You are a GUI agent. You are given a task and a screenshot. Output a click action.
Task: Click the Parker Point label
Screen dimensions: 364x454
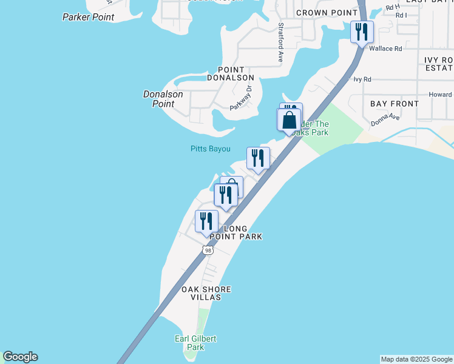[x=88, y=17]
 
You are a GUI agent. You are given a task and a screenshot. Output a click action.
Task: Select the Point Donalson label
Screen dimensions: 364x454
[x=230, y=73]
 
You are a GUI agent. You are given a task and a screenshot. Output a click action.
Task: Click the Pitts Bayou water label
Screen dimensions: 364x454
[x=210, y=149]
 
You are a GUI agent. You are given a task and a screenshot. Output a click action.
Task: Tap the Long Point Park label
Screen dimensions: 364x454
[x=243, y=232]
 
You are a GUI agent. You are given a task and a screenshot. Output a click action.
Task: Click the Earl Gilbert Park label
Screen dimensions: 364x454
[x=195, y=343]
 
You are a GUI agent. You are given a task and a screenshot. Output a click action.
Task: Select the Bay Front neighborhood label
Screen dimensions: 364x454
[x=395, y=104]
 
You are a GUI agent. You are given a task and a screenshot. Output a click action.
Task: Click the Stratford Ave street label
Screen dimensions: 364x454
[x=280, y=43]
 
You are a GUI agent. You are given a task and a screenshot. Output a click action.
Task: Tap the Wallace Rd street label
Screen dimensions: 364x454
[x=389, y=49]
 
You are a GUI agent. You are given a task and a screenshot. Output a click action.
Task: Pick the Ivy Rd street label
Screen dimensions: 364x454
[x=362, y=79]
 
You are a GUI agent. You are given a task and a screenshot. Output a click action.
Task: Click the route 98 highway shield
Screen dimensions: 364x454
[x=208, y=251]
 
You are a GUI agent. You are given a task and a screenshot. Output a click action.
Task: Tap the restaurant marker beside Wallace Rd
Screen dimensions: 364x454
[x=362, y=32]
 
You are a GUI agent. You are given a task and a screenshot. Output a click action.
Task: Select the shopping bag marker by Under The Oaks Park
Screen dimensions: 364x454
[x=289, y=119]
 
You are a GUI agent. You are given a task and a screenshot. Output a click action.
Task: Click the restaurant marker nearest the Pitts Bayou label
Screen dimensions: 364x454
[x=258, y=158]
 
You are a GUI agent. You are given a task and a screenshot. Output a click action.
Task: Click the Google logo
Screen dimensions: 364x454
[x=20, y=357]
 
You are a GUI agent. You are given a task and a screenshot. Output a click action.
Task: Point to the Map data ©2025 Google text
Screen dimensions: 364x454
[x=416, y=359]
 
